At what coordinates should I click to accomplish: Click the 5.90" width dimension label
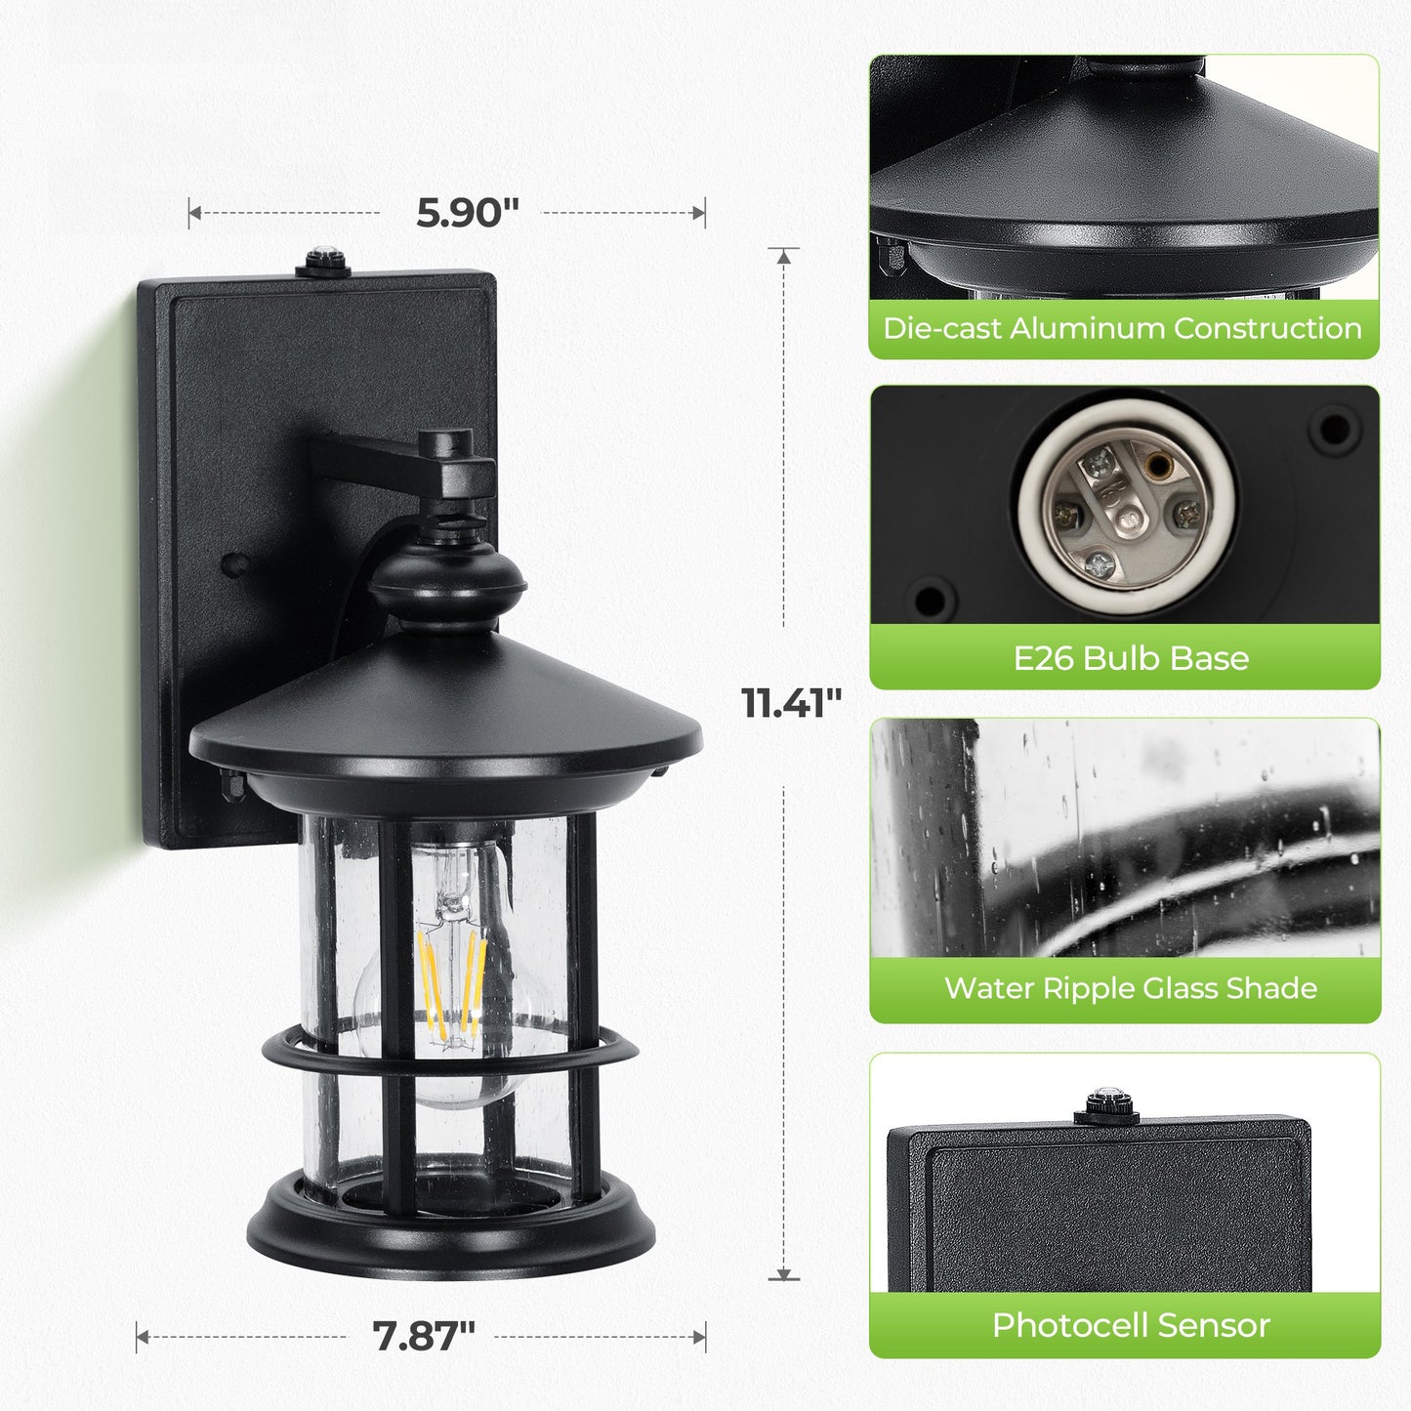[467, 212]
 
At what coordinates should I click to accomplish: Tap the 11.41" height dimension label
[791, 703]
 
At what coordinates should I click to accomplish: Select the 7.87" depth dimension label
[424, 1336]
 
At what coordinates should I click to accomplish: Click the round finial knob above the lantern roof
[446, 581]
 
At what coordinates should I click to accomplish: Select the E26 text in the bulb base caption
[1044, 658]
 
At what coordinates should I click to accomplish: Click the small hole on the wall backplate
[233, 563]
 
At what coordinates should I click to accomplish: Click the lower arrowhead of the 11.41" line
[783, 1274]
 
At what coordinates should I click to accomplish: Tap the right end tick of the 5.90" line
[704, 212]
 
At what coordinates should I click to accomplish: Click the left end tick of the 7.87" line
[138, 1336]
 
